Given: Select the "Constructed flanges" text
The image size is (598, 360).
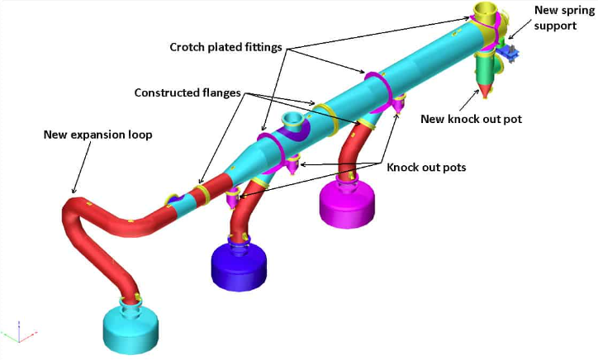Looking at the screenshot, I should [x=187, y=92].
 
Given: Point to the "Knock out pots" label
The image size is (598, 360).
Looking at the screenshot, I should [x=426, y=167].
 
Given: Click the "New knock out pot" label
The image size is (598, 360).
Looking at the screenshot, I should [x=472, y=119].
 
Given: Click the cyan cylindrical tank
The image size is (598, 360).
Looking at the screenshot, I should [x=129, y=329].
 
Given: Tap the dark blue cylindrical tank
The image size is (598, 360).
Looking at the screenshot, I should [x=240, y=263].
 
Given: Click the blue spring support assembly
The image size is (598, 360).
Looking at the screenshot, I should [x=510, y=51].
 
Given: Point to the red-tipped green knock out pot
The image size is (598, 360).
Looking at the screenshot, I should [x=486, y=76].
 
